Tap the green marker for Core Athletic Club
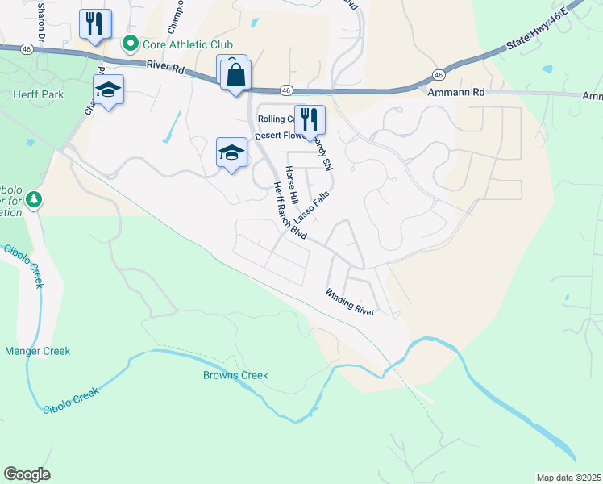click(x=128, y=44)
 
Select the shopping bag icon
click(x=235, y=77)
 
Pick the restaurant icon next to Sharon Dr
click(x=95, y=24)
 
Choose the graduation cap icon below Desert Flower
click(x=231, y=152)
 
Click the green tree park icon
click(x=33, y=198)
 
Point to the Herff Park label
click(x=32, y=94)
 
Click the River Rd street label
click(x=164, y=68)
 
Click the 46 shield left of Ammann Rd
click(x=438, y=74)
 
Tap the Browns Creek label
click(x=235, y=375)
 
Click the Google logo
click(x=27, y=474)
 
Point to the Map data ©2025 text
click(x=568, y=478)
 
